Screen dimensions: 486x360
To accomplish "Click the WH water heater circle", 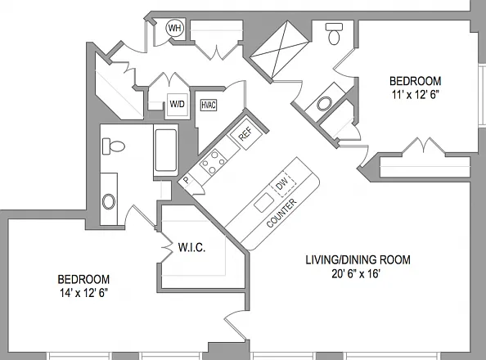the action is [174, 28].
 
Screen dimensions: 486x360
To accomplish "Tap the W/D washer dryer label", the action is [177, 104].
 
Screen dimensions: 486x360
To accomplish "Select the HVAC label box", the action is [209, 105].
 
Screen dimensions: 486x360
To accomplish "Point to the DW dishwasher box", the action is [283, 183].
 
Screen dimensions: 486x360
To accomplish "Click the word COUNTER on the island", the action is [281, 213].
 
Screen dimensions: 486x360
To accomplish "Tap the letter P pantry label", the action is [187, 180].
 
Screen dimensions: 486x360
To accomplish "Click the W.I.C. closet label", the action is [191, 247].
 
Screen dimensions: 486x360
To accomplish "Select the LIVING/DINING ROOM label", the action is [358, 260].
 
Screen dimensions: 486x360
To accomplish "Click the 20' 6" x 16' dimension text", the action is [356, 274].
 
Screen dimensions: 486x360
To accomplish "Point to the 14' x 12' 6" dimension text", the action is [83, 293].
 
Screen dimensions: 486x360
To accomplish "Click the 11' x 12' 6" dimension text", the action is [416, 95].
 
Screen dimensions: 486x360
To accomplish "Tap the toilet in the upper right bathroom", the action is [334, 34].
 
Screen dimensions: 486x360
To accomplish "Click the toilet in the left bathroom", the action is [114, 146].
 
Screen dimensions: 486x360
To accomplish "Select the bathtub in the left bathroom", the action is [166, 151].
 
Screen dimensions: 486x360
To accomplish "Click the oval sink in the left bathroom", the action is [109, 201].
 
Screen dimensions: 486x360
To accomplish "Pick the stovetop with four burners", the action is [213, 161].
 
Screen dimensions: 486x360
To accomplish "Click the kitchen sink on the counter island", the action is [264, 202].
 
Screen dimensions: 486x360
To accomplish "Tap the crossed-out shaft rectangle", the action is [280, 49].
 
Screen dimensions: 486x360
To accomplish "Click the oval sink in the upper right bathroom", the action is [325, 104].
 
